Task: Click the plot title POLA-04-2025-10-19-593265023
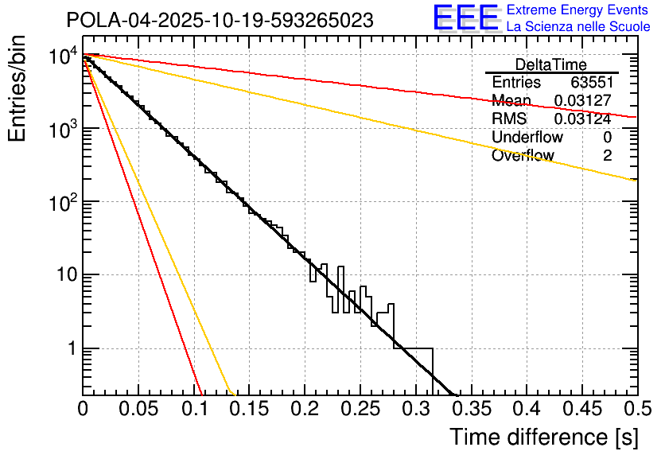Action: point(220,21)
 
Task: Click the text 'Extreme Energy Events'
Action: point(577,11)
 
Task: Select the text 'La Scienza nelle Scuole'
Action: point(578,27)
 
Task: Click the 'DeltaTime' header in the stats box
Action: point(550,64)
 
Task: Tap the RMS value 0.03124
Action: point(582,119)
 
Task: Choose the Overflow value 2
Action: point(607,156)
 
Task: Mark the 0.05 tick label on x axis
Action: point(138,410)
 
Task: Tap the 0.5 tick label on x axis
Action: point(633,410)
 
